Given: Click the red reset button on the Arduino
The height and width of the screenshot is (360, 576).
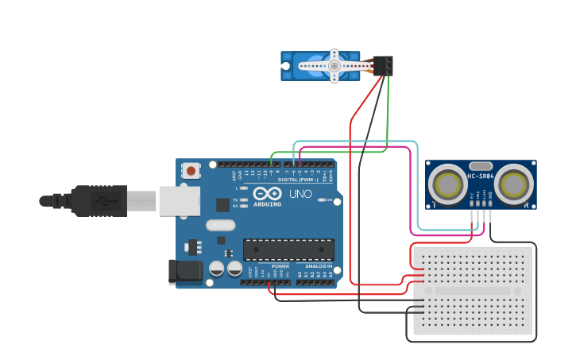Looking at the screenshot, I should coord(191,170).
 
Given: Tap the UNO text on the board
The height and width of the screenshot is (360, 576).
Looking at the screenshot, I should coord(300,194).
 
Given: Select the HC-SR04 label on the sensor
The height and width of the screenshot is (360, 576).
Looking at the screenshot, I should coord(481,176).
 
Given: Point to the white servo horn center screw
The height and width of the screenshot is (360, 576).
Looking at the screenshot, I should coord(334,65).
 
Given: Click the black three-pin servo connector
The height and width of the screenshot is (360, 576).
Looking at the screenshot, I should coord(383,65).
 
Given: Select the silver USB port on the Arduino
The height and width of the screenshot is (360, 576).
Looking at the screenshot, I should coord(179,200).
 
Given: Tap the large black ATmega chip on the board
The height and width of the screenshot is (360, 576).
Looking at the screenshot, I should coord(288,249).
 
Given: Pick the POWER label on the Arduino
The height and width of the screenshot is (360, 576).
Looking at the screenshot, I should coord(280,266).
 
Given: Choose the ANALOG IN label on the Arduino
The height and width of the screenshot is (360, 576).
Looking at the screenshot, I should coord(319,266).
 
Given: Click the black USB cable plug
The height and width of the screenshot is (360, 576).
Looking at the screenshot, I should coord(99,200).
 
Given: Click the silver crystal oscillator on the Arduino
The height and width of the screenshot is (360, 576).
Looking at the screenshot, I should coord(220,225).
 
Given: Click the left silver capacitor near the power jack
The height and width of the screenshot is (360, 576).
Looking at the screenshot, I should coord(217,269).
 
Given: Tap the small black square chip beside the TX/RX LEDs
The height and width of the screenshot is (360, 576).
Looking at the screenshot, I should coord(223,204).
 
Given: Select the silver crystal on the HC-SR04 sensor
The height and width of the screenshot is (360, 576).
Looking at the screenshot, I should coord(481,165).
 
